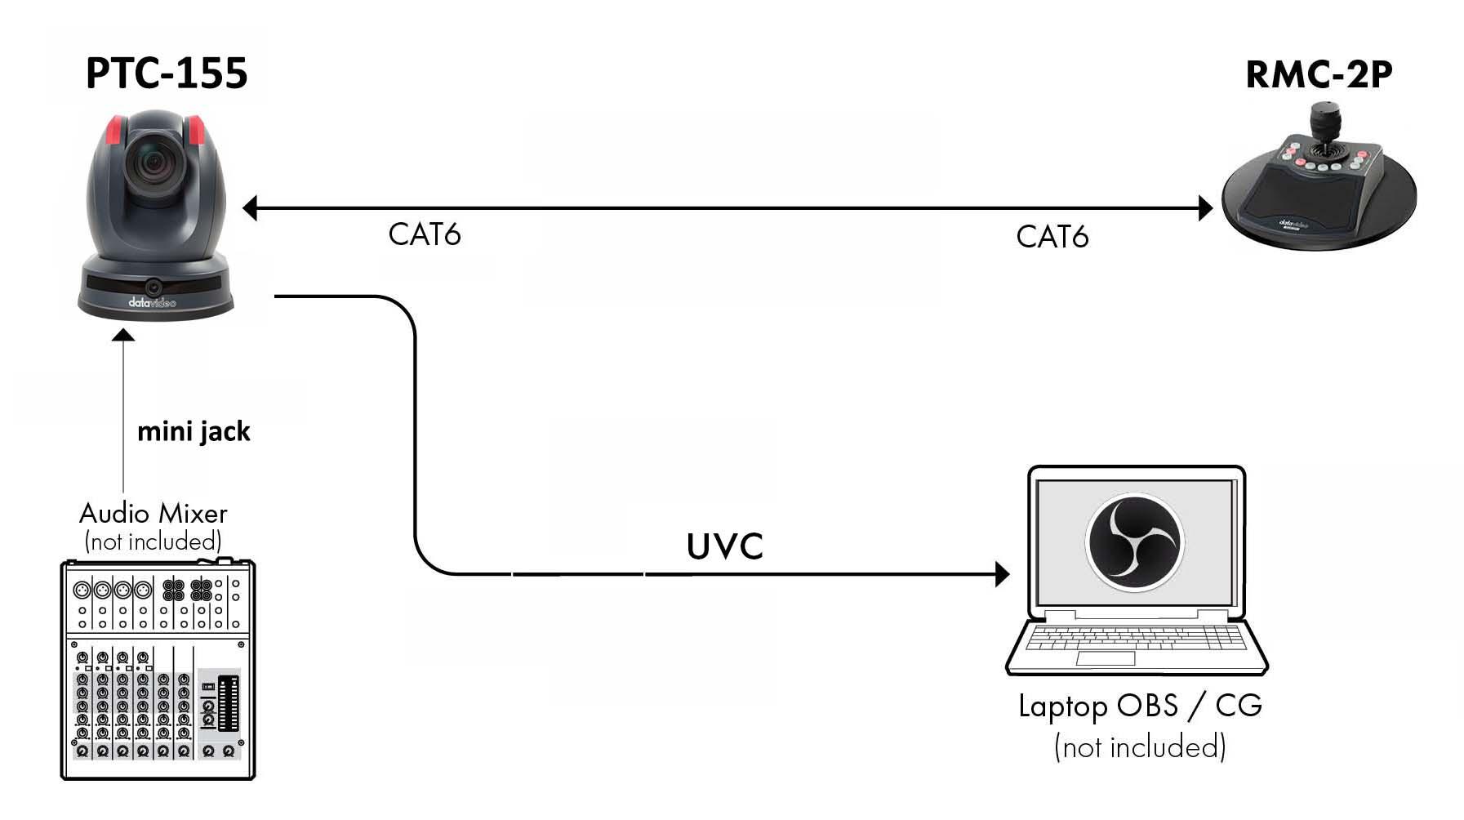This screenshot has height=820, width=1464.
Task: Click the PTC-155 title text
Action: click(167, 74)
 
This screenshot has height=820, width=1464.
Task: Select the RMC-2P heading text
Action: click(1318, 75)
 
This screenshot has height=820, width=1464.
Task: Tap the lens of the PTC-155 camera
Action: click(154, 164)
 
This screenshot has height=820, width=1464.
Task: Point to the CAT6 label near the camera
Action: click(424, 234)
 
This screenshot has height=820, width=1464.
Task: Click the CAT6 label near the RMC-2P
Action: click(1052, 237)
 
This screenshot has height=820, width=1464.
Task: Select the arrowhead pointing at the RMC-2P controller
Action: click(1205, 208)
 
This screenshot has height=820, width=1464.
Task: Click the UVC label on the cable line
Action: click(724, 547)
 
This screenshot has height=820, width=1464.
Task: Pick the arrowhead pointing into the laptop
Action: click(1002, 574)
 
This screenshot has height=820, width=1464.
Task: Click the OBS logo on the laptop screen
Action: click(1135, 542)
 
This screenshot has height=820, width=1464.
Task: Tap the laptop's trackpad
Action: click(1105, 658)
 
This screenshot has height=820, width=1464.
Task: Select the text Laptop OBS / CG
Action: click(1140, 706)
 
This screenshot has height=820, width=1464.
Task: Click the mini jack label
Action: click(194, 431)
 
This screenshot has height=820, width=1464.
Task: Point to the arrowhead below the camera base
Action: click(123, 335)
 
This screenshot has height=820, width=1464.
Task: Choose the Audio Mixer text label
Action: click(153, 513)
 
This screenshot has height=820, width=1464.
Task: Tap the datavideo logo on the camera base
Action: click(152, 303)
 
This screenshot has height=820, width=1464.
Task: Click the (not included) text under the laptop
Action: click(1140, 746)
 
